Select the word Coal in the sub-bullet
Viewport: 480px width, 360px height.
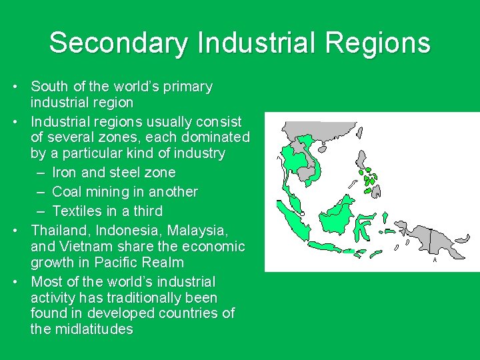click(x=66, y=192)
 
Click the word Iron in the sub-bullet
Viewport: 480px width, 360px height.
click(x=65, y=173)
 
